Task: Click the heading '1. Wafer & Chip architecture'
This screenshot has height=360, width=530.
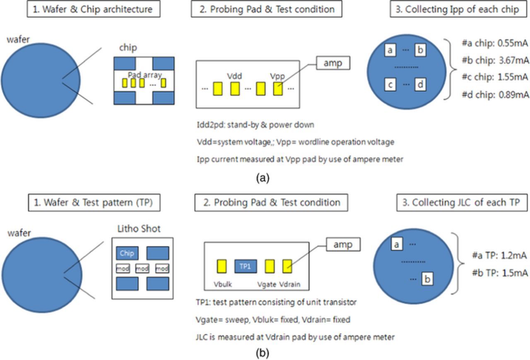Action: click(x=94, y=9)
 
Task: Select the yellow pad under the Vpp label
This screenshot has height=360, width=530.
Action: click(x=278, y=88)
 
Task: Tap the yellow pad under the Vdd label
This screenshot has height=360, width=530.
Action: click(x=235, y=88)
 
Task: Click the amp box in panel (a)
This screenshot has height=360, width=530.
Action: click(x=332, y=63)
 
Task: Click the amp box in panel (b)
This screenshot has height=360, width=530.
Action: click(x=343, y=244)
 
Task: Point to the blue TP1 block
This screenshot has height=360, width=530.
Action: click(x=246, y=266)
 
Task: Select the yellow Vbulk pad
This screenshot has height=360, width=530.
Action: click(x=222, y=266)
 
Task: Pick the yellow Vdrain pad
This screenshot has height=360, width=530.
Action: click(x=287, y=266)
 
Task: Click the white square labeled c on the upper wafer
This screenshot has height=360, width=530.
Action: click(x=390, y=85)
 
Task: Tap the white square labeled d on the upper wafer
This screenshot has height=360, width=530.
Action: click(x=420, y=85)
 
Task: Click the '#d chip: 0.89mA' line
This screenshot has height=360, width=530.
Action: click(x=495, y=95)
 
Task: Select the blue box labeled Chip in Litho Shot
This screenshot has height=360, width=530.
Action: click(x=127, y=253)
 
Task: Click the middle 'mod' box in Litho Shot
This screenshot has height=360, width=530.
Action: click(x=142, y=269)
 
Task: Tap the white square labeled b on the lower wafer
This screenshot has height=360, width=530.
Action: click(x=427, y=279)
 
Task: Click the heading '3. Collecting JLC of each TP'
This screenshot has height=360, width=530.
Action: click(x=461, y=203)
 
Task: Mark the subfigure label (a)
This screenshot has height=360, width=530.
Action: click(x=263, y=178)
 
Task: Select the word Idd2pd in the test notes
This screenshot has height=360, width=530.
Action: click(x=209, y=124)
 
